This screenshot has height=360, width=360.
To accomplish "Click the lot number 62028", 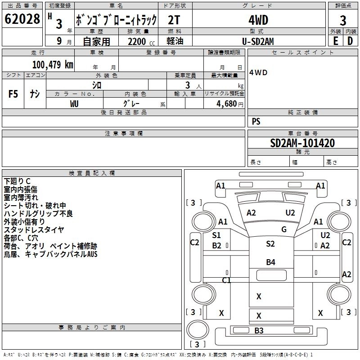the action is pos(22,20).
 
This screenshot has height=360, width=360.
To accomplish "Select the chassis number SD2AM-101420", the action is pos(302,144).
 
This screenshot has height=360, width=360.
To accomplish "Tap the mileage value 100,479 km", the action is pos(53,65).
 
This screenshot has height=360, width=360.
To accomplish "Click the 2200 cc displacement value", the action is pos(140,42).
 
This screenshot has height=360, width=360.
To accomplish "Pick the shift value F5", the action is pos(13,94).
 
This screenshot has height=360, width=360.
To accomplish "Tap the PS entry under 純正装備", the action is pos(256,121).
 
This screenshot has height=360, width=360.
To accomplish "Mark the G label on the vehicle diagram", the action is pos(284,229).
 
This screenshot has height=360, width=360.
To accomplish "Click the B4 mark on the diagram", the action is pos(270,262).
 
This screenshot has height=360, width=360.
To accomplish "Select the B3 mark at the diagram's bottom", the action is pos(259,331).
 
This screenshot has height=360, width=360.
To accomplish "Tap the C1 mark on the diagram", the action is pos(226,280).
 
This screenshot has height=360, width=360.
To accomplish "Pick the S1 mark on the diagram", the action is pos(216,235).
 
